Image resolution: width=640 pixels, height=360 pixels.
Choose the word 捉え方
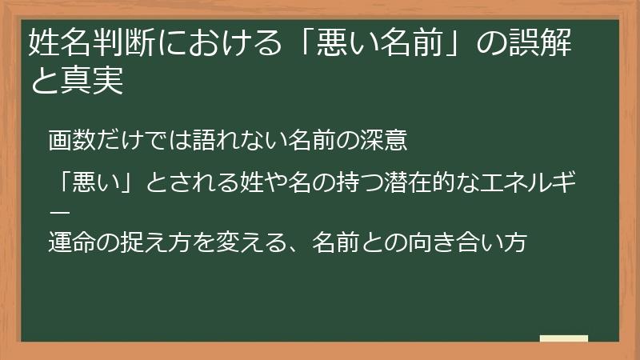pos(147,242)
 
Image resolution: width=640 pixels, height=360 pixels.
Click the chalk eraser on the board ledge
pos(563,338)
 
